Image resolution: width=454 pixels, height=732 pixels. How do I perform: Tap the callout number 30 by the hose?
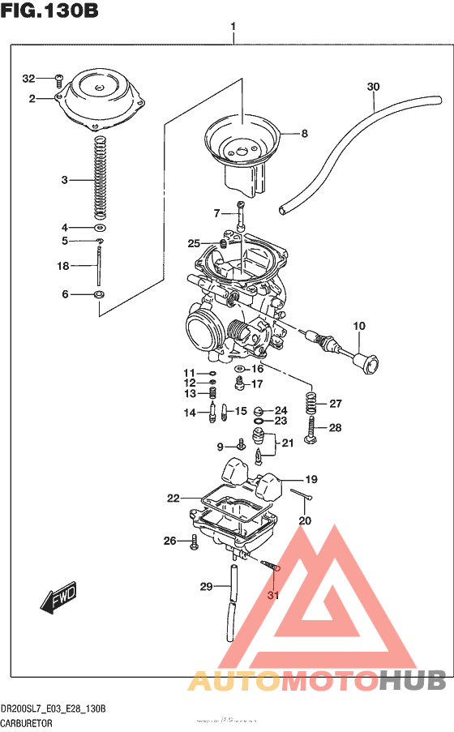coord(372,87)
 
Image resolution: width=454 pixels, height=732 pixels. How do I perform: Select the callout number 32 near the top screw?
coord(29,79)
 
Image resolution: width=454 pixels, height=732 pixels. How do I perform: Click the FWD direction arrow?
coord(57,601)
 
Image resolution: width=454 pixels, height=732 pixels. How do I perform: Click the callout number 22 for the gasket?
coord(173,499)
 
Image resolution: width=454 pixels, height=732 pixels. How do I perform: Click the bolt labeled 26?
coord(195,542)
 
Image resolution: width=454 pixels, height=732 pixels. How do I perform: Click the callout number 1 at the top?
coord(233,27)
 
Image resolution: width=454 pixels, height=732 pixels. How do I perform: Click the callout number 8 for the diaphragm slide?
coord(305,134)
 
